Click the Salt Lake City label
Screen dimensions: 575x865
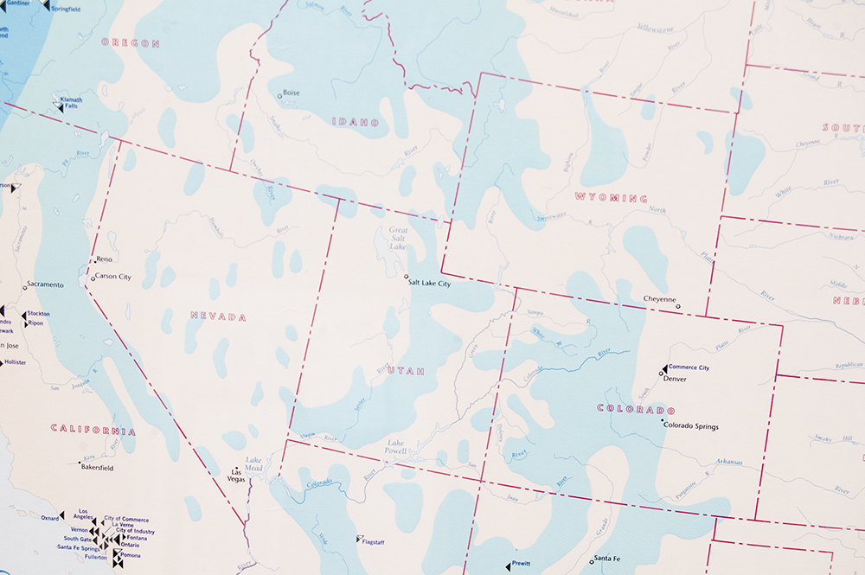(x=431, y=284)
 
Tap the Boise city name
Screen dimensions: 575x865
(x=292, y=93)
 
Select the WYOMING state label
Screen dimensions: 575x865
(x=611, y=198)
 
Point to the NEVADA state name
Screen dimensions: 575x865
(x=218, y=316)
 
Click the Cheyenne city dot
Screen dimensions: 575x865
(x=678, y=306)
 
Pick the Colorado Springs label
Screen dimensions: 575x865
(x=691, y=426)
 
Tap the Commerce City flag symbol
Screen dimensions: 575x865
(x=663, y=368)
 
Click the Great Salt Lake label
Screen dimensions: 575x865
(x=398, y=239)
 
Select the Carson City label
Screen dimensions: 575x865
(x=112, y=277)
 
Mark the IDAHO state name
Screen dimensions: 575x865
(x=356, y=123)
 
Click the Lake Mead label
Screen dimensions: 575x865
(x=254, y=464)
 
